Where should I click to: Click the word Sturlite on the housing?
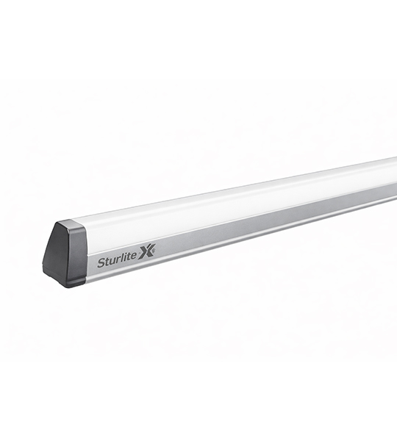[x=117, y=261]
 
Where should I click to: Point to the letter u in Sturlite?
[x=112, y=261]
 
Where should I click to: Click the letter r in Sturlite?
[x=118, y=260]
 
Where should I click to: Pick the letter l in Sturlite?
[x=122, y=258]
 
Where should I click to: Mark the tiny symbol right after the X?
[x=154, y=248]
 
